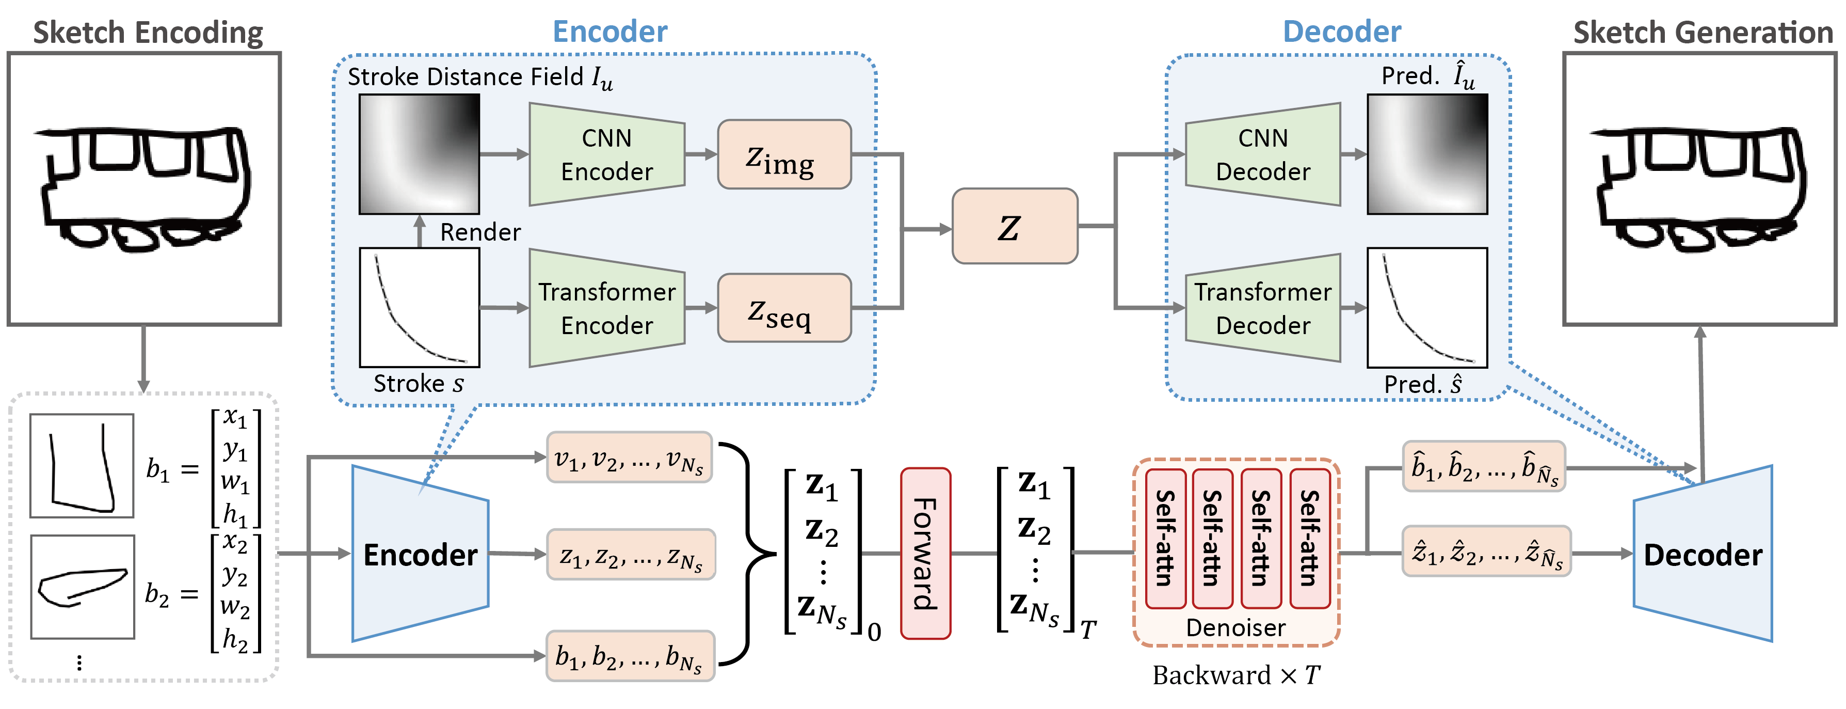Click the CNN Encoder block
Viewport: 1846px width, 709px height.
pos(606,154)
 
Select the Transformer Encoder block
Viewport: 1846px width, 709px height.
pos(606,308)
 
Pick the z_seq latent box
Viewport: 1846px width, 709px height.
pos(784,308)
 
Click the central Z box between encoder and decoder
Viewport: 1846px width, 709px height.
pos(1014,227)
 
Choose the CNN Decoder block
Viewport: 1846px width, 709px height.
pos(1263,154)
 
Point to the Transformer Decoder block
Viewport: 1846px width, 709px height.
pos(1263,308)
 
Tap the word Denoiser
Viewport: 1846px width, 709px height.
pos(1235,628)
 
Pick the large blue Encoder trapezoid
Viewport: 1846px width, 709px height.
pos(420,554)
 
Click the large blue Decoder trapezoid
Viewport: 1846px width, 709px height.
pos(1703,554)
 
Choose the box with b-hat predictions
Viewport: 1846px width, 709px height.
pos(1483,467)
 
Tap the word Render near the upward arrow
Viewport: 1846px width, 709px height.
pos(479,232)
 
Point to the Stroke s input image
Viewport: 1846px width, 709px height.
pos(419,308)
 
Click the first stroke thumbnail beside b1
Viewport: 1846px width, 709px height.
pos(82,466)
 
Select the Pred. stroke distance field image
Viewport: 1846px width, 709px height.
pos(1427,154)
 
